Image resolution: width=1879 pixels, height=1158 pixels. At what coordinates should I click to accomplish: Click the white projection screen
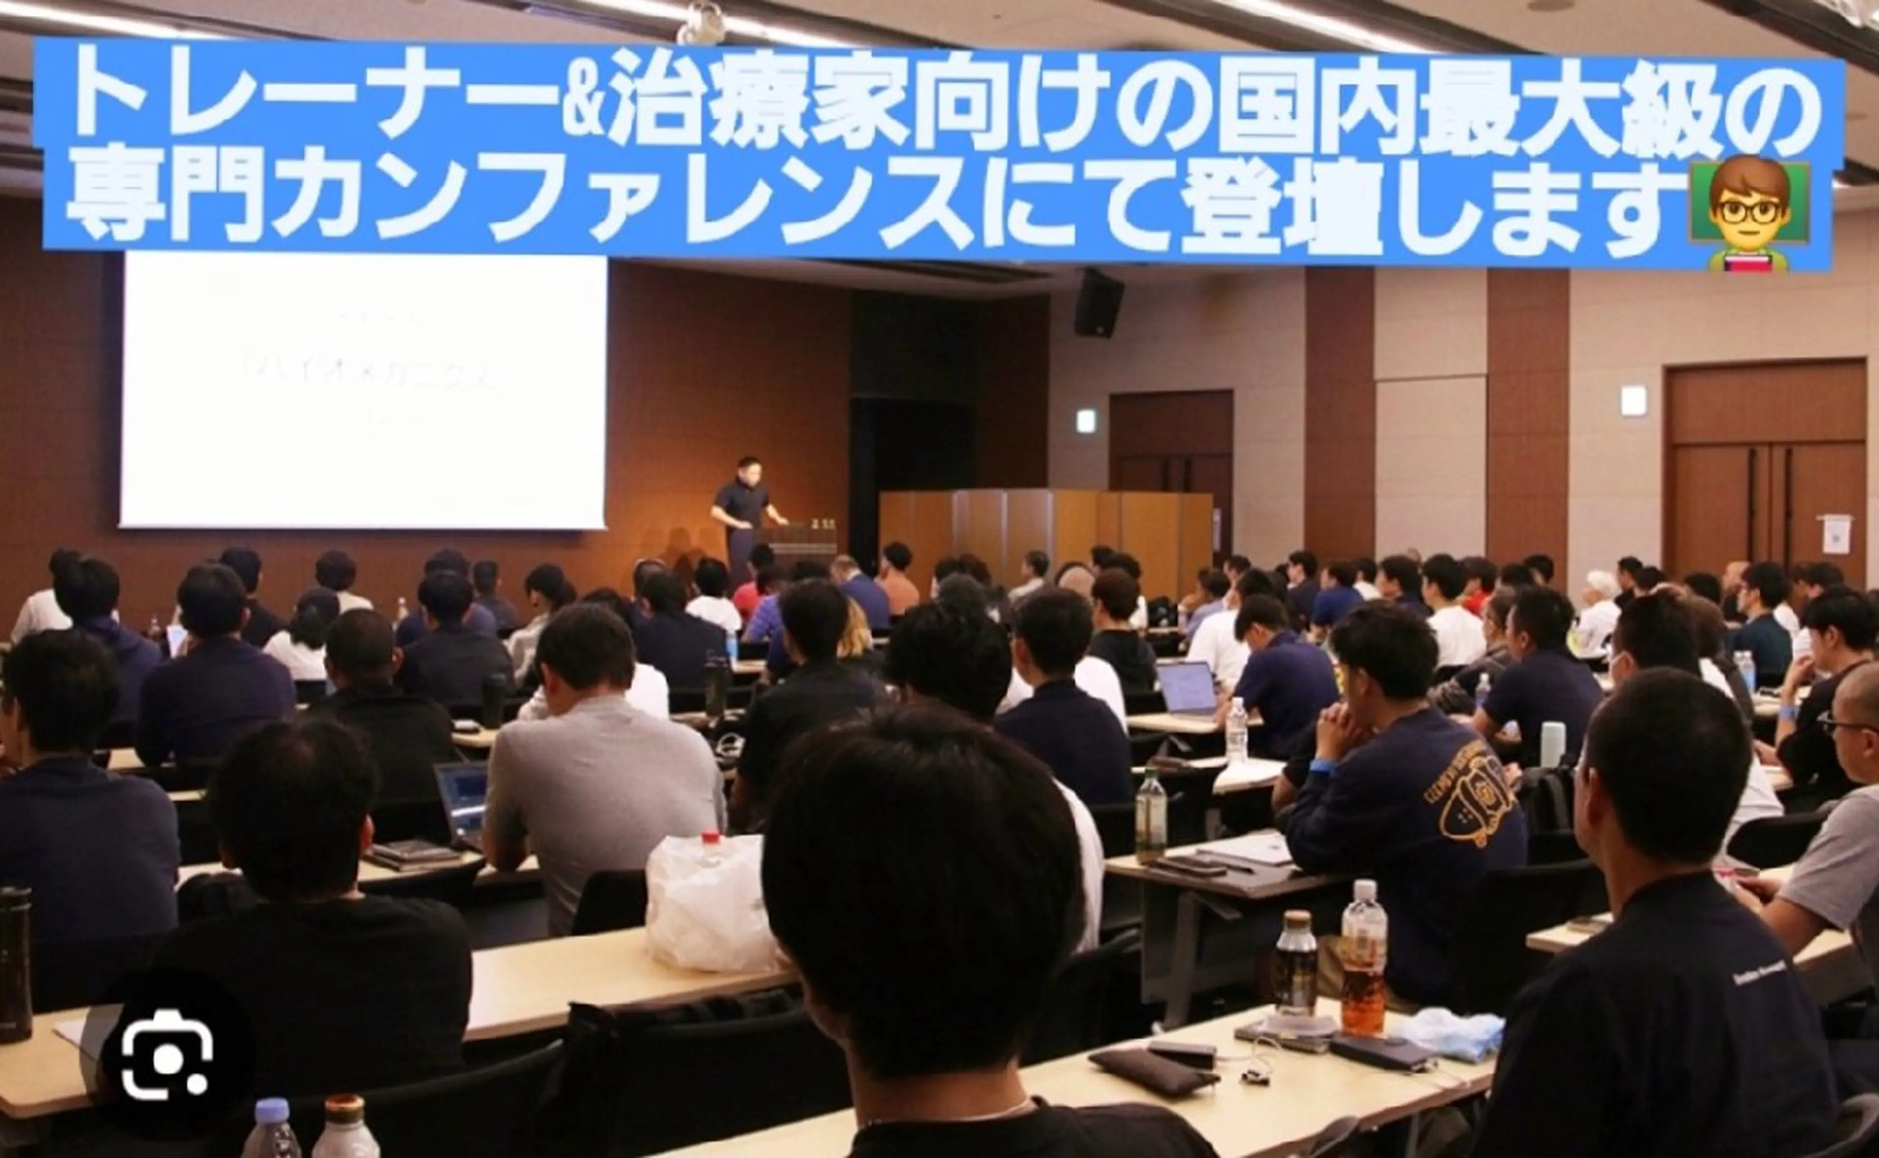[x=363, y=391]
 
